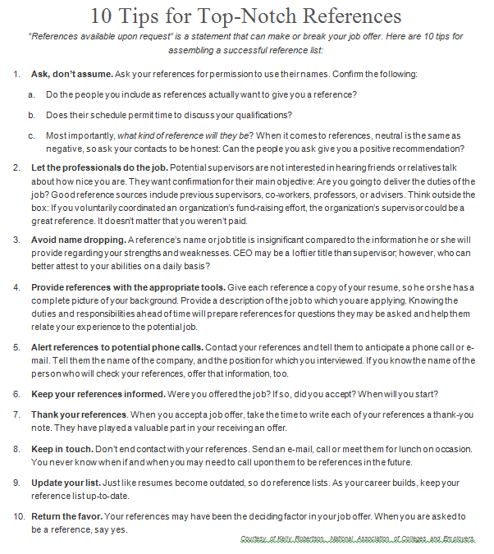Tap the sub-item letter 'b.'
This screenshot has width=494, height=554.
pyautogui.click(x=31, y=115)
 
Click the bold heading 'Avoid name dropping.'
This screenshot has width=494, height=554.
pyautogui.click(x=78, y=240)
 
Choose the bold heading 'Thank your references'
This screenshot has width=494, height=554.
pyautogui.click(x=79, y=414)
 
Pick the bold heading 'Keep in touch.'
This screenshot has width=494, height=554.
pyautogui.click(x=62, y=449)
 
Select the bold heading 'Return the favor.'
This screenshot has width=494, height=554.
pyautogui.click(x=67, y=517)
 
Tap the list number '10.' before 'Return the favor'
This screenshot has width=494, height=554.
pyautogui.click(x=19, y=517)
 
